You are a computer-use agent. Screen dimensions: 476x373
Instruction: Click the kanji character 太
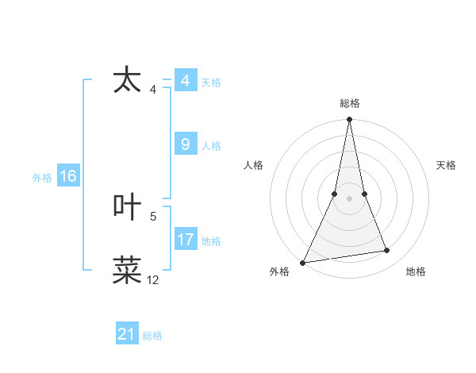(128, 82)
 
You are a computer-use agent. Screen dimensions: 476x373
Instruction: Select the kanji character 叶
(128, 207)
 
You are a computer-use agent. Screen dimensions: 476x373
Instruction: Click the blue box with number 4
(185, 82)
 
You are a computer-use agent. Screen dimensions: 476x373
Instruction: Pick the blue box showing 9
(185, 144)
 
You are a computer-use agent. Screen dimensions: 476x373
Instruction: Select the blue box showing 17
(185, 240)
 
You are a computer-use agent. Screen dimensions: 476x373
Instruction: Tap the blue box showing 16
(67, 176)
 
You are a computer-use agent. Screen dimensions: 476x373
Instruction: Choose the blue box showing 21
(127, 335)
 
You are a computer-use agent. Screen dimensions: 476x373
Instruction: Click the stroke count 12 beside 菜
(153, 280)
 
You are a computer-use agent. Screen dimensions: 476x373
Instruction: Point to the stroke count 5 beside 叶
(153, 216)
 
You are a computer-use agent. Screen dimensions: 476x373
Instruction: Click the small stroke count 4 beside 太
(153, 90)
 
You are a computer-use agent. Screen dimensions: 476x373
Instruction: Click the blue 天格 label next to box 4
(211, 83)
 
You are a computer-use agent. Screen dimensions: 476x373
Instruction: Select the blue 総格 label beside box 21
(152, 336)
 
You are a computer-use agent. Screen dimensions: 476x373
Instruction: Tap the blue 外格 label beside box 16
(42, 177)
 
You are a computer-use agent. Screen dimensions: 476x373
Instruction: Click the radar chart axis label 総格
(350, 103)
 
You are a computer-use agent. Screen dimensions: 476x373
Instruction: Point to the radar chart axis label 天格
(447, 165)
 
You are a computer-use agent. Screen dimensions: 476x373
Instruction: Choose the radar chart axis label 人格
(253, 165)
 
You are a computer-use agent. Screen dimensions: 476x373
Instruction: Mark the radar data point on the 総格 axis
(350, 120)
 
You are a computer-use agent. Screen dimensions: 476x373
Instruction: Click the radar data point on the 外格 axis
(303, 262)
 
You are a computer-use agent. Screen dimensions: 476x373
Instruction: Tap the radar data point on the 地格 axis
(387, 251)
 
